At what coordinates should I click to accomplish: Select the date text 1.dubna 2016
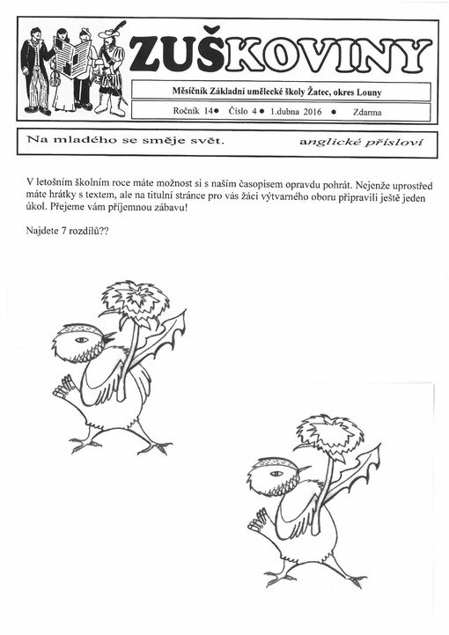click(295, 113)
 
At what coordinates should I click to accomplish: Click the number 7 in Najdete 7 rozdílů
click(67, 232)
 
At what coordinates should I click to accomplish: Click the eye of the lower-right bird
click(276, 473)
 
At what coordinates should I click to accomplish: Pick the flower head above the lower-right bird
click(330, 434)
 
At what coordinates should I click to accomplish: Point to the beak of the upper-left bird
click(107, 337)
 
